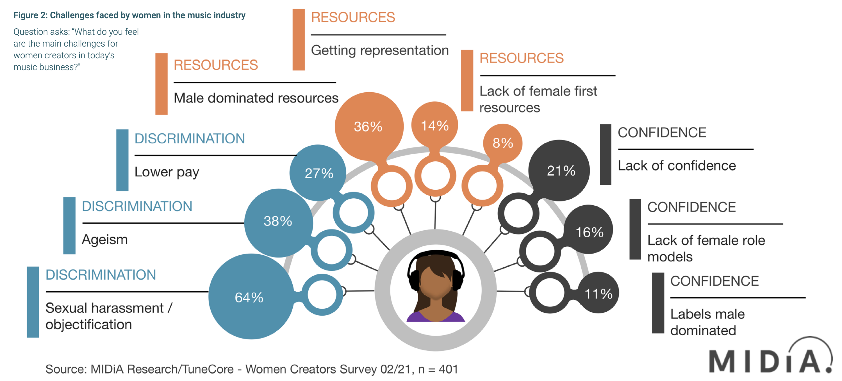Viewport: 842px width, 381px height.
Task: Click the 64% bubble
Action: tap(250, 297)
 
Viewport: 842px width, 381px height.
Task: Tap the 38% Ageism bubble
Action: tap(278, 222)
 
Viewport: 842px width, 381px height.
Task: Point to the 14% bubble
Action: tap(434, 125)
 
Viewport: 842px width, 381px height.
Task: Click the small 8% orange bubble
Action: tap(502, 143)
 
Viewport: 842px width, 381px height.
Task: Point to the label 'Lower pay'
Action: tap(167, 172)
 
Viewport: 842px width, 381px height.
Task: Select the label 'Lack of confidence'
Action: tap(677, 166)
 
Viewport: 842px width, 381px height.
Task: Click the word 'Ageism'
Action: tap(104, 240)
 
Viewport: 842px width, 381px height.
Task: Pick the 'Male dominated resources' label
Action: tap(256, 98)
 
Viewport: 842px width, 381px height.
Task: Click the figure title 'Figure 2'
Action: tap(129, 15)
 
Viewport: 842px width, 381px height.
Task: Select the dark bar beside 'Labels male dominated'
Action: tap(658, 303)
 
